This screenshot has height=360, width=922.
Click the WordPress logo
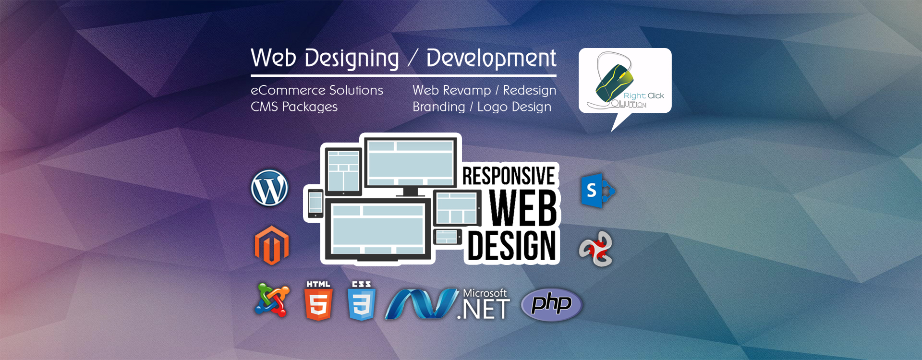coord(269,188)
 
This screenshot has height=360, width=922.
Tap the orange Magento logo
coord(272,245)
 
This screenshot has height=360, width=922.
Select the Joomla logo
coord(272,300)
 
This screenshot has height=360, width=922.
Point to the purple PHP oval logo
coord(552,304)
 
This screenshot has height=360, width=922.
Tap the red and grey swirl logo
coord(596,249)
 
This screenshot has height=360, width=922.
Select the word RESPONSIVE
coord(509,176)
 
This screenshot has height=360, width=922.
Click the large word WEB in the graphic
coord(523,207)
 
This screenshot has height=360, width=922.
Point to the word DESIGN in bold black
coord(512,245)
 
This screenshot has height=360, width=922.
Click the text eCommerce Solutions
coord(317,90)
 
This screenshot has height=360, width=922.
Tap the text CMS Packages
coord(294,107)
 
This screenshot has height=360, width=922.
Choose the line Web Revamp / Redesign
coord(484,90)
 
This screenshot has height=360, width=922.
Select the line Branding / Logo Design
coord(482,107)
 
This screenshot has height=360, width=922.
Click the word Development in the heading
coord(491,59)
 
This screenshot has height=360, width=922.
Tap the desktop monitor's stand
coord(410,192)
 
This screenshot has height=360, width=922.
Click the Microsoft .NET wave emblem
coord(421,303)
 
